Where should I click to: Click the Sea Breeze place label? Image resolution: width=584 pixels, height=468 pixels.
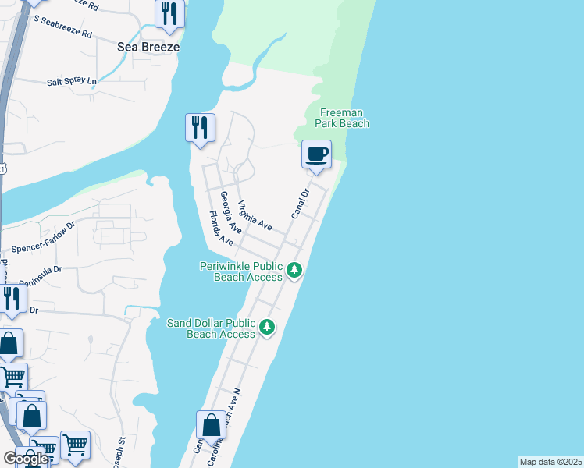(x=148, y=47)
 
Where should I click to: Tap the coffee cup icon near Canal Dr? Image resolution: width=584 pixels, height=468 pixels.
(x=316, y=154)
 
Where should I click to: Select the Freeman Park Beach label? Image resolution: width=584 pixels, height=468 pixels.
(x=342, y=118)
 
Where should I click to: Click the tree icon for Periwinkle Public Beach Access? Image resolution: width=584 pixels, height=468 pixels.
(x=294, y=271)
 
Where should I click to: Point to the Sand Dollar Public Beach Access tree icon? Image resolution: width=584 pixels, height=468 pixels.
(x=268, y=327)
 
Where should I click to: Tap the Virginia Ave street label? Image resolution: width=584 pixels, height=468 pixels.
(x=255, y=214)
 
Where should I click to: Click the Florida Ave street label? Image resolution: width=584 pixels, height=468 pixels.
(x=221, y=229)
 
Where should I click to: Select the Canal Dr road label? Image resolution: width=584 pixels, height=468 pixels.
(x=301, y=203)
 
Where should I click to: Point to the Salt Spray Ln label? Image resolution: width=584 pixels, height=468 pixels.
(x=71, y=81)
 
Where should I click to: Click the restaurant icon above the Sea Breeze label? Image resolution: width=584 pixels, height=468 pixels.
(x=169, y=13)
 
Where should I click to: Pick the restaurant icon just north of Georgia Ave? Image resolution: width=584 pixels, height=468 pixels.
(x=200, y=127)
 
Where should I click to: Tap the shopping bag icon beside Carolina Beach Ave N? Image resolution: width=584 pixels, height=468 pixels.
(x=211, y=426)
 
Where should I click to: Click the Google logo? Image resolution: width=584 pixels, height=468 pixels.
(x=26, y=459)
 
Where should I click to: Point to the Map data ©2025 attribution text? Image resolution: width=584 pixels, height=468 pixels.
(x=551, y=462)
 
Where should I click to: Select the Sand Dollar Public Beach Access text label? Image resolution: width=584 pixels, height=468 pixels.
(x=212, y=328)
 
